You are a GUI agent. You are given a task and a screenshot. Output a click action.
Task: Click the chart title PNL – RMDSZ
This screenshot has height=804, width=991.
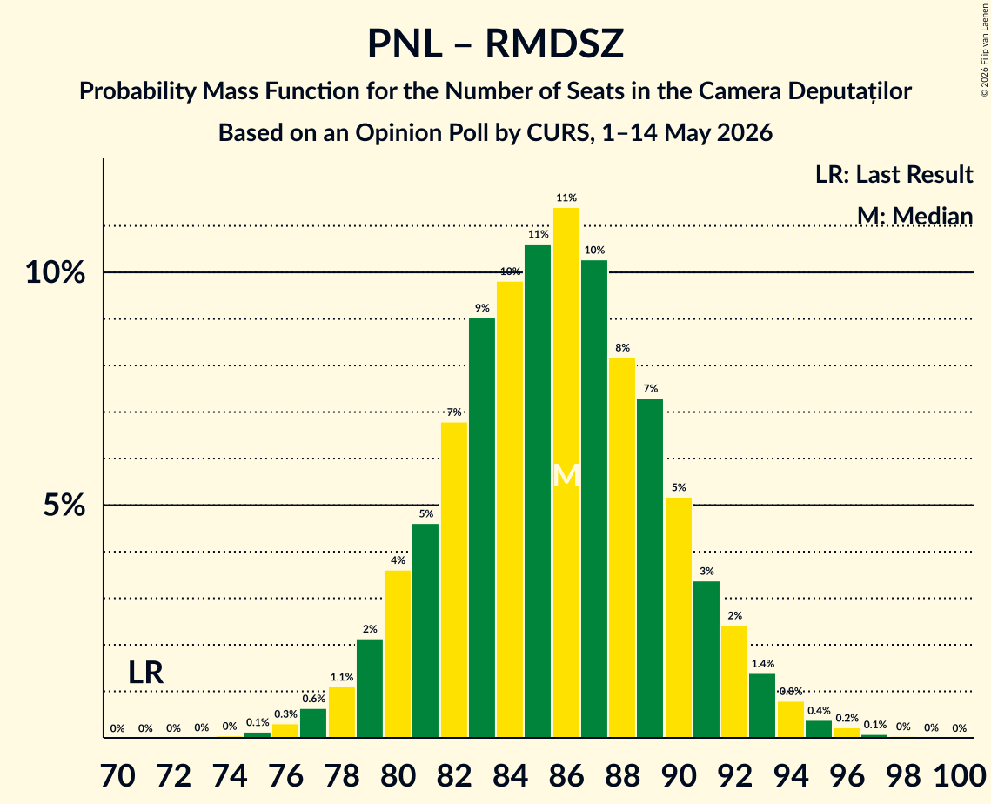496,44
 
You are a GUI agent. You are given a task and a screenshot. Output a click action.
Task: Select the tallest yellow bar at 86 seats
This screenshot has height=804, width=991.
566,472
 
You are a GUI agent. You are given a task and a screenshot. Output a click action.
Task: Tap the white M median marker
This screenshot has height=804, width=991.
566,475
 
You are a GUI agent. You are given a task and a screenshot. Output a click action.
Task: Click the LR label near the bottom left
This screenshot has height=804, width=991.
146,673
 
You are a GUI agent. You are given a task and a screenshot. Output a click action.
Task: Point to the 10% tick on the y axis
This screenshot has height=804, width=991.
55,272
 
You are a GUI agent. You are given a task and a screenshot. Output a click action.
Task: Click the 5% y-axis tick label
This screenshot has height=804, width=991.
64,506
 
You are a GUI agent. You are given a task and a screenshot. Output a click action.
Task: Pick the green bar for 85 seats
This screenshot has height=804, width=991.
538,491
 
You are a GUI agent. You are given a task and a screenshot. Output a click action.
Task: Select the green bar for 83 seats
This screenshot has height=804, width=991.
482,528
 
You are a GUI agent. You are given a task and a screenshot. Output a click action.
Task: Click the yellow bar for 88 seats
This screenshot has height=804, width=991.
622,548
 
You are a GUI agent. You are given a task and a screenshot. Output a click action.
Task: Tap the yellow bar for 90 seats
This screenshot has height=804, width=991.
678,618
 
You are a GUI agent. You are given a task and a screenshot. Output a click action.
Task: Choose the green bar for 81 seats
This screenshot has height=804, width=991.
425,631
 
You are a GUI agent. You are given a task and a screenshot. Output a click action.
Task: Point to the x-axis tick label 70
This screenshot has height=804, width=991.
118,775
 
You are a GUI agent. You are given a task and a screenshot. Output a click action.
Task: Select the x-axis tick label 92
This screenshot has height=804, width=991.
735,775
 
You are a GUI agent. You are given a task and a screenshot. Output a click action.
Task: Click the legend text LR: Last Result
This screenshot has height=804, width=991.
894,174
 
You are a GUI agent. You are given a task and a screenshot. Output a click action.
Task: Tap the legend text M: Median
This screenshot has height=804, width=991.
914,216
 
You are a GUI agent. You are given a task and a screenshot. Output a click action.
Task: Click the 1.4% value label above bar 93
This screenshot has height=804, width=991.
763,664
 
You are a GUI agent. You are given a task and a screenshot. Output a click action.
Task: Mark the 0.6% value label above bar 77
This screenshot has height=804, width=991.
313,699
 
